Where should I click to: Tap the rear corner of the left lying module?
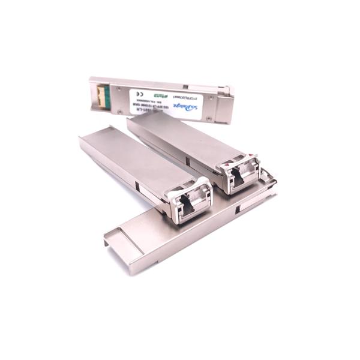click(84, 140)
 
